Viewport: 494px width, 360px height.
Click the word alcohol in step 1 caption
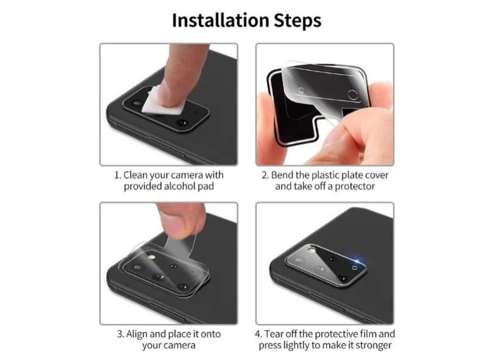[x=180, y=186]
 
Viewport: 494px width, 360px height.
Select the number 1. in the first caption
[x=118, y=175]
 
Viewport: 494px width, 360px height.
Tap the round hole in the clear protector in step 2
[x=353, y=93]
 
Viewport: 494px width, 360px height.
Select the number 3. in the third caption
[x=120, y=334]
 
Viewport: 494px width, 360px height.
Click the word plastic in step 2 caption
[x=329, y=175]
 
